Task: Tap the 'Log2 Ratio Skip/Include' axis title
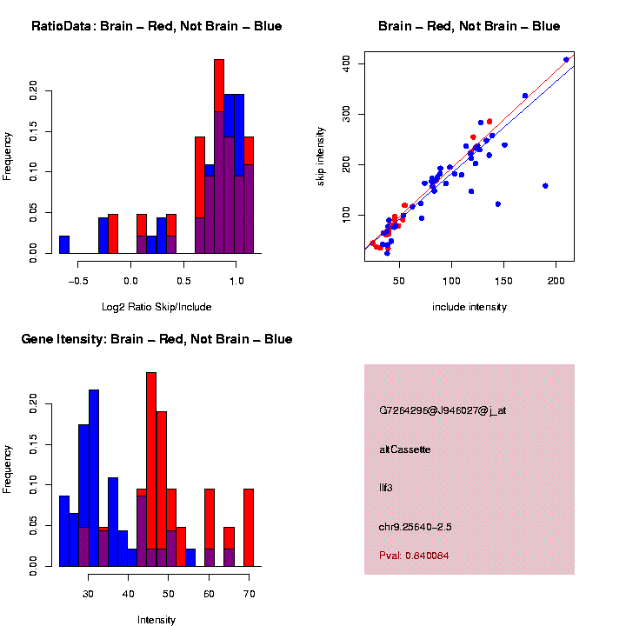[156, 307]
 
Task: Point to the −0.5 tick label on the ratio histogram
[77, 281]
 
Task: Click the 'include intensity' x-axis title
[469, 307]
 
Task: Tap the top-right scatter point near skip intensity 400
[566, 60]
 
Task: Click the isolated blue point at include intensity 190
[545, 186]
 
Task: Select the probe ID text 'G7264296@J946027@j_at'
[443, 410]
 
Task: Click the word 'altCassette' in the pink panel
[404, 450]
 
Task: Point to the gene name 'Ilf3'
[386, 488]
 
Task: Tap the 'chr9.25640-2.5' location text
[415, 527]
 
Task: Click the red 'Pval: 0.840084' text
[414, 556]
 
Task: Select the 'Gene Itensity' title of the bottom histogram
[156, 339]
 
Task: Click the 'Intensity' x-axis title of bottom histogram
[156, 620]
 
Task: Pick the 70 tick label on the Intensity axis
[249, 594]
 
